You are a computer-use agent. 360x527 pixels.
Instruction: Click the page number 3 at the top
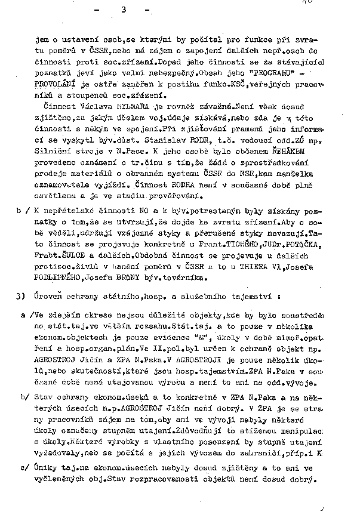(124, 9)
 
